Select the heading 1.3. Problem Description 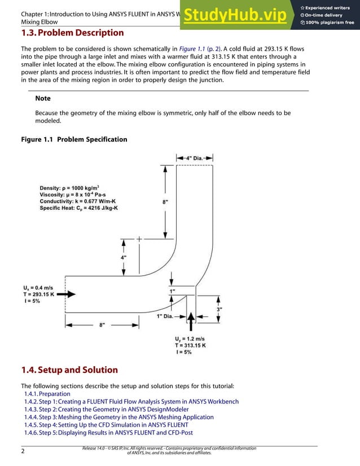click(x=72, y=33)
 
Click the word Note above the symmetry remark click(x=43, y=98)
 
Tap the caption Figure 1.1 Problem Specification click(x=74, y=139)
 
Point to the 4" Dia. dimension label click(x=194, y=158)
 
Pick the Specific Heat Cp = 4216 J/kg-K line click(x=78, y=208)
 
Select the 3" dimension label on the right click(x=220, y=309)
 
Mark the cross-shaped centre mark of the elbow click(x=139, y=239)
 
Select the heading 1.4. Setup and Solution click(x=69, y=370)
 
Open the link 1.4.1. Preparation click(x=47, y=394)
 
